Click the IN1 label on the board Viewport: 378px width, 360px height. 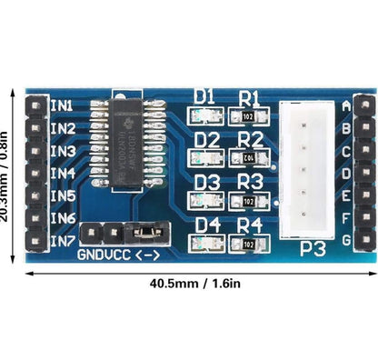[63, 105]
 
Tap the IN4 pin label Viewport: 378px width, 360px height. [63, 174]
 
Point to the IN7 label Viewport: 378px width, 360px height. [63, 241]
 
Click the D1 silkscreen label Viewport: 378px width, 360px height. [205, 96]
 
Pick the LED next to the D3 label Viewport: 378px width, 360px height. [204, 200]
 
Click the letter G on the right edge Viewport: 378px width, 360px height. [345, 241]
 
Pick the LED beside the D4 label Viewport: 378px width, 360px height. [204, 244]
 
